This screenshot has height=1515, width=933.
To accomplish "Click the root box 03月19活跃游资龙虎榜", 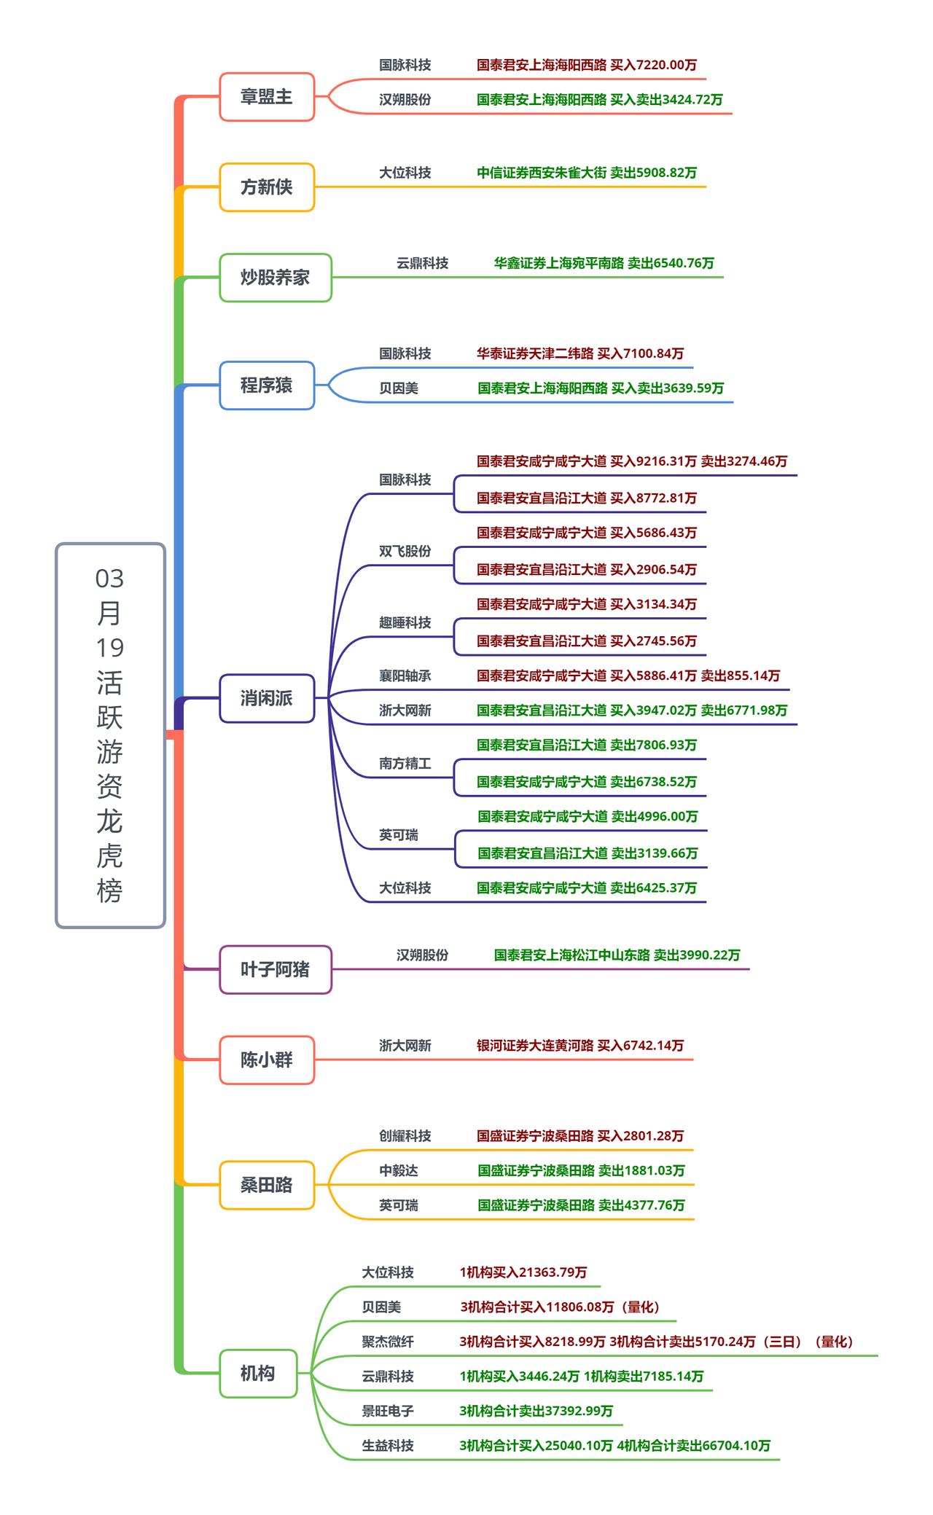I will (x=110, y=735).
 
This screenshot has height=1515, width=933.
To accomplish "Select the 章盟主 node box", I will (x=267, y=96).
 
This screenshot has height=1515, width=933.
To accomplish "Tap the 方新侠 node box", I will (x=267, y=187).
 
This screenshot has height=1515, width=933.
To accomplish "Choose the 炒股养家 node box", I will (x=276, y=278).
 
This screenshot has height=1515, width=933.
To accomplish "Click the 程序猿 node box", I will (x=267, y=385).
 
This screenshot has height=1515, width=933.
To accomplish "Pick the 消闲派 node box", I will (x=267, y=698).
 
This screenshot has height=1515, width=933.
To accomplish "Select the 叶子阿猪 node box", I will (x=276, y=969).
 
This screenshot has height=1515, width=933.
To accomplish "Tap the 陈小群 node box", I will (x=267, y=1060).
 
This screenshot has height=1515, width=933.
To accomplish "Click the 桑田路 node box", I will (x=267, y=1185).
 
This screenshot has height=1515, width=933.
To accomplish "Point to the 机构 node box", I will (x=258, y=1374).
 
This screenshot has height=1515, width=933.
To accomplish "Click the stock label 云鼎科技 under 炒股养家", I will (x=422, y=263).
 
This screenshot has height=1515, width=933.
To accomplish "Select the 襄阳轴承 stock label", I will (x=405, y=676).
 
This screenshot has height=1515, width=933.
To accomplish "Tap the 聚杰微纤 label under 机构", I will (x=388, y=1342).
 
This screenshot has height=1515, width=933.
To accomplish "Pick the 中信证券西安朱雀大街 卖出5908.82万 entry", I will (x=587, y=173).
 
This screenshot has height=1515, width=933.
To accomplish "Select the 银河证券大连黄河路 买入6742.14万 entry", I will (x=580, y=1046).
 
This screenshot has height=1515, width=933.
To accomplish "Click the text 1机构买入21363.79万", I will (x=523, y=1272).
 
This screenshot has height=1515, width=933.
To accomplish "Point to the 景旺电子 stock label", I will (x=388, y=1411).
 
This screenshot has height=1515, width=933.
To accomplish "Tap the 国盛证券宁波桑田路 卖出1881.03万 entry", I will (x=581, y=1171).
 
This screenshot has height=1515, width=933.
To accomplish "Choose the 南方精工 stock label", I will (x=405, y=763).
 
